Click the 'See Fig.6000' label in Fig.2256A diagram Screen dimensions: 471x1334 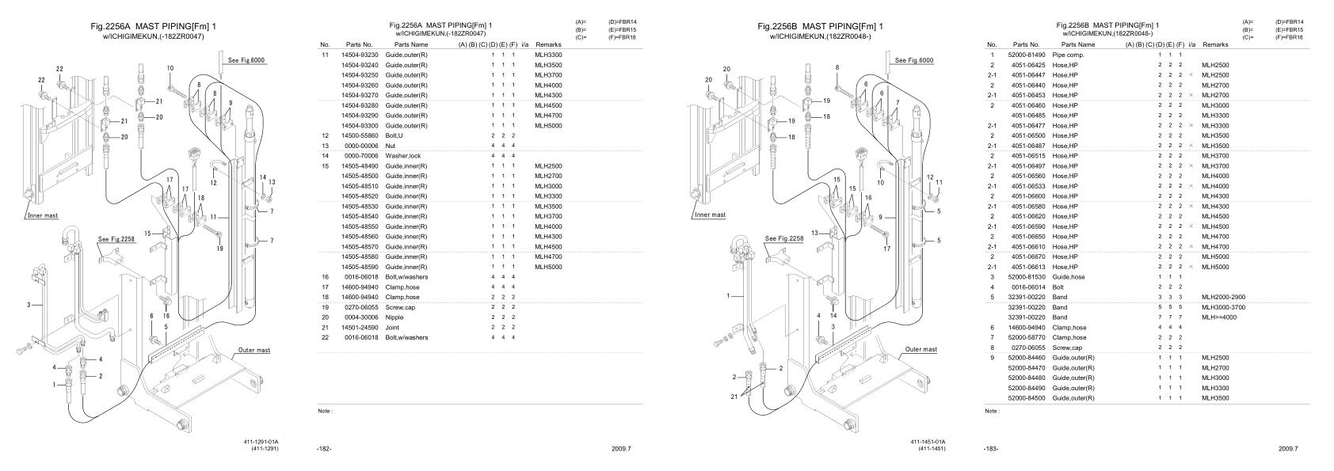pyautogui.click(x=246, y=60)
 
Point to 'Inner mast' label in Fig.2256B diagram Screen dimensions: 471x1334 pyautogui.click(x=710, y=215)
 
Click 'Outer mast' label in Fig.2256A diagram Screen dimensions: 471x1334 pyautogui.click(x=253, y=349)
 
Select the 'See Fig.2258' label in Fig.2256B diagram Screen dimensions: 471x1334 pyautogui.click(x=783, y=237)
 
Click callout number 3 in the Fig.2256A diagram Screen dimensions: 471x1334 pyautogui.click(x=29, y=304)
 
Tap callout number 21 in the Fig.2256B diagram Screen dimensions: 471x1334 pyautogui.click(x=734, y=396)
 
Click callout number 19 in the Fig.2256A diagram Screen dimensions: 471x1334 pyautogui.click(x=221, y=248)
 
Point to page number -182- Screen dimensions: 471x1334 pyautogui.click(x=323, y=449)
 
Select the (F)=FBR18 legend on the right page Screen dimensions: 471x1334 pyautogui.click(x=1290, y=37)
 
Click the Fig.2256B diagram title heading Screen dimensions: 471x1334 pyautogui.click(x=820, y=27)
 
